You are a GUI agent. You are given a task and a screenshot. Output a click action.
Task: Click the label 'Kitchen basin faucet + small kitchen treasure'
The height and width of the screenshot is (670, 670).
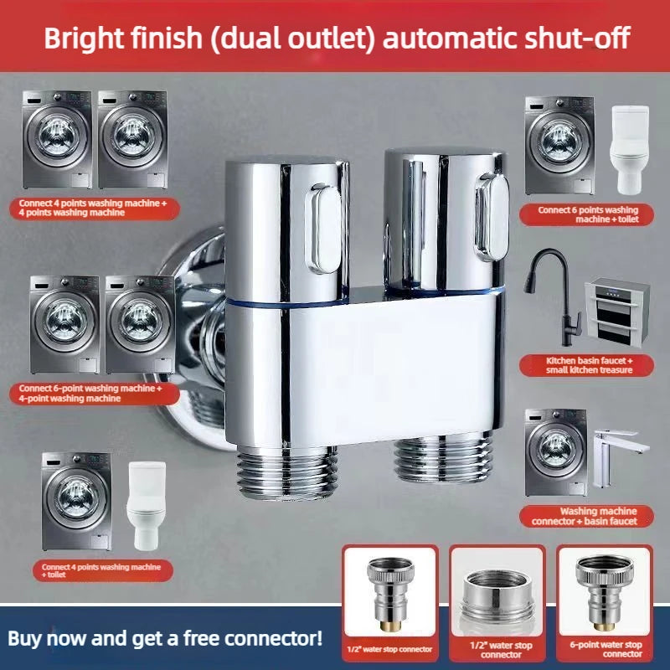(x=587, y=365)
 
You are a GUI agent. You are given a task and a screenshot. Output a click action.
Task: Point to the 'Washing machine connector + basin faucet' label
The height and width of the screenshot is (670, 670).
(x=587, y=516)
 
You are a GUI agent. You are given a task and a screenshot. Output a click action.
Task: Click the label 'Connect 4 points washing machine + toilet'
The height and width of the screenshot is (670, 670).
(x=102, y=570)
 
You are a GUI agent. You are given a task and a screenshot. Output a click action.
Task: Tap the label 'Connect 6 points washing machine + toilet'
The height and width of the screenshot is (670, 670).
(x=587, y=214)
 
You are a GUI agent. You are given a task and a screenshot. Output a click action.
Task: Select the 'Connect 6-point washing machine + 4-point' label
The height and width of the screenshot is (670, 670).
(x=95, y=393)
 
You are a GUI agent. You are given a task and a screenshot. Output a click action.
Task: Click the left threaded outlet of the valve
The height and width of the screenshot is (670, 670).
(x=286, y=472)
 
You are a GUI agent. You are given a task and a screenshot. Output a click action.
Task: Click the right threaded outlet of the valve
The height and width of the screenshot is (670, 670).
(x=444, y=457)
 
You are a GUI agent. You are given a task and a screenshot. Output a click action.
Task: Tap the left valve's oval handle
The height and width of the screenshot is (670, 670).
(x=323, y=229)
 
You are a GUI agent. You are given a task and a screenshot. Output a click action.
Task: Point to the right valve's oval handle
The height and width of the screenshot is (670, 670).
(x=492, y=217)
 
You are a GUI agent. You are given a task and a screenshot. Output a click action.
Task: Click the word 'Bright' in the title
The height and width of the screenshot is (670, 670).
(x=84, y=38)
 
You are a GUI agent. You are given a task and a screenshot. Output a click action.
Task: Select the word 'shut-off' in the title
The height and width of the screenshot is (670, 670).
(x=577, y=38)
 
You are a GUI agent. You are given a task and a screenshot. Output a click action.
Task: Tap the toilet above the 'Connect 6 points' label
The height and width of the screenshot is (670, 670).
(x=630, y=150)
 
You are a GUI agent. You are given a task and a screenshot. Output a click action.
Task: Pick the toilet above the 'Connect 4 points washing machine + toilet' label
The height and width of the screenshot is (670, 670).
(x=146, y=506)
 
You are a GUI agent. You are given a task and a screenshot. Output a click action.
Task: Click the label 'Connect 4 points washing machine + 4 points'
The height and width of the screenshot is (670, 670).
(x=95, y=208)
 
